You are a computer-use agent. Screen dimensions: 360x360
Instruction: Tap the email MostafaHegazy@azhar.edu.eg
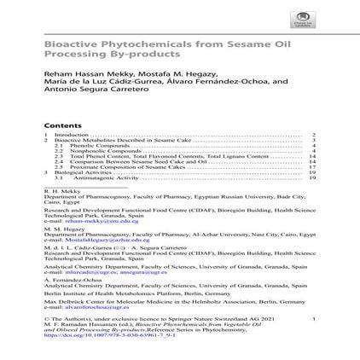[94, 241]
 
